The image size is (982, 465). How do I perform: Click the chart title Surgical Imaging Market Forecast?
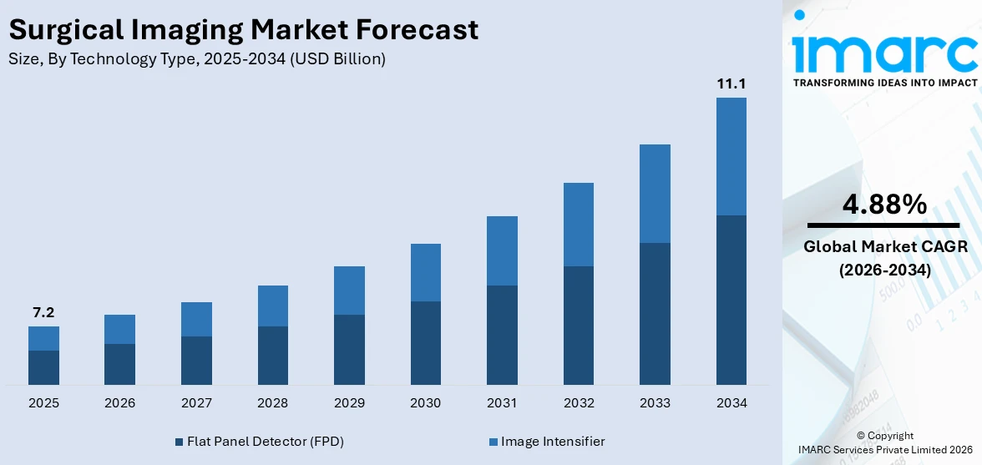(244, 30)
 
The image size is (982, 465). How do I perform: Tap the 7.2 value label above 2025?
(43, 312)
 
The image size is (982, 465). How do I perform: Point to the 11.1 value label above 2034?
(731, 83)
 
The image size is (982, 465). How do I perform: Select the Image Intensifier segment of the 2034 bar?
(731, 156)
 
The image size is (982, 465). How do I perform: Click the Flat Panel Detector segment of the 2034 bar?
(731, 300)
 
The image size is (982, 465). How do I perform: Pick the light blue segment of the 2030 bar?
(425, 272)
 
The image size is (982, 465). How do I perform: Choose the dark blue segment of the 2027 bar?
(196, 360)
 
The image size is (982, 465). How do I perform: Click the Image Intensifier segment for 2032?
(578, 224)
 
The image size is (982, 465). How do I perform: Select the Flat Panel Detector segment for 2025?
(43, 367)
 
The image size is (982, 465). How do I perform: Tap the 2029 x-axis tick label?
(349, 403)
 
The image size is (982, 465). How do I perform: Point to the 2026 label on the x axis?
(120, 403)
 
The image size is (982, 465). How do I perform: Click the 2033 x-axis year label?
(655, 403)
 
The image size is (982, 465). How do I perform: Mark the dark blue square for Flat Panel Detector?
(179, 442)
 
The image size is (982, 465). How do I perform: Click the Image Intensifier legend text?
(553, 442)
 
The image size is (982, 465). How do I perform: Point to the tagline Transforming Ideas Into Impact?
(884, 83)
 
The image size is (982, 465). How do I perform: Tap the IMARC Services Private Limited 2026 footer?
(890, 450)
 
